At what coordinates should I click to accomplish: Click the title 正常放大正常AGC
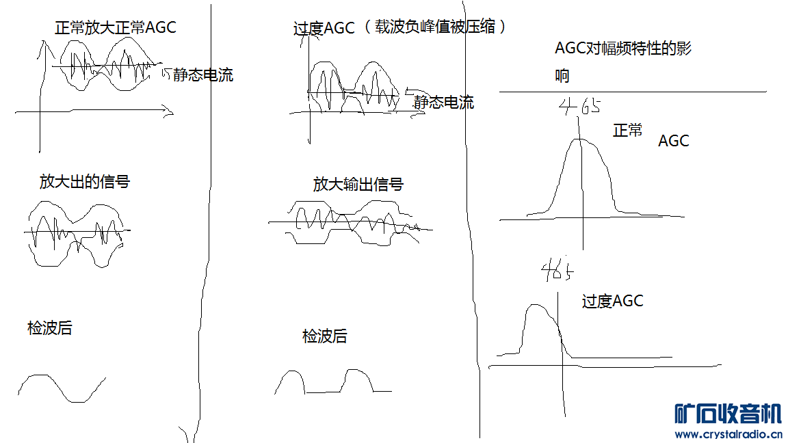click(x=115, y=27)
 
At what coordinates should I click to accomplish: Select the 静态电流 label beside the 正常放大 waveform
click(x=202, y=75)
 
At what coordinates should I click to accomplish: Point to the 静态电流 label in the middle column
click(x=443, y=103)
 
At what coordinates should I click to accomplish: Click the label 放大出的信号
click(x=84, y=181)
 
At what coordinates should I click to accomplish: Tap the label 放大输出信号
click(x=358, y=184)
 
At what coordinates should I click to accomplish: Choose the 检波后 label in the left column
click(x=49, y=328)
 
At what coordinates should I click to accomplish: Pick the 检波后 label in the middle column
click(x=324, y=336)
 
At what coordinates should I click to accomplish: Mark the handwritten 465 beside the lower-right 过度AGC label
click(x=557, y=272)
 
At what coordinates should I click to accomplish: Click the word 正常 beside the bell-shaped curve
click(x=627, y=130)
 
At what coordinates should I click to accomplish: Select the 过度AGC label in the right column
click(x=612, y=301)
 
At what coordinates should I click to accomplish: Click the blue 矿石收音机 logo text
click(x=727, y=414)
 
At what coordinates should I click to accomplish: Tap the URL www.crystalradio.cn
click(x=728, y=433)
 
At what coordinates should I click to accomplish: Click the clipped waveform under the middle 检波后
click(x=332, y=382)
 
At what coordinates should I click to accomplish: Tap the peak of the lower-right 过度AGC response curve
click(x=538, y=306)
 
